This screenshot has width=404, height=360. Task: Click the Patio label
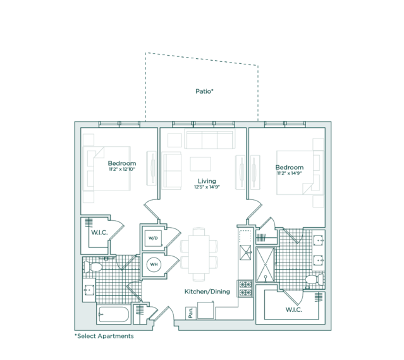(205, 91)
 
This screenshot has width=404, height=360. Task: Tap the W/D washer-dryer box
(153, 238)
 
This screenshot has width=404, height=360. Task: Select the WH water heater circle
(154, 264)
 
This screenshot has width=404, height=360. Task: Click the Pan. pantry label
(190, 313)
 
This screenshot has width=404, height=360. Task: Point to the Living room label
(207, 181)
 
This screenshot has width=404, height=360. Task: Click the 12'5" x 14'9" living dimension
(207, 187)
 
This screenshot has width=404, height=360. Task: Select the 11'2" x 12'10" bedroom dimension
(122, 169)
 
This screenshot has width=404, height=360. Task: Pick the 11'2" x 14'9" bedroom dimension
(290, 173)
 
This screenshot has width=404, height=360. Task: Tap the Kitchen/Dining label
(207, 292)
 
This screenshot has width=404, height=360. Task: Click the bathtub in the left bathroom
(113, 314)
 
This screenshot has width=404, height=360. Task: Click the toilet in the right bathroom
(314, 280)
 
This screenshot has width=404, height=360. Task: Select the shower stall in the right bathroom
(265, 264)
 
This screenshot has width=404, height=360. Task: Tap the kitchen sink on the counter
(245, 252)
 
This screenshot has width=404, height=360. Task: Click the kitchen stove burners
(245, 289)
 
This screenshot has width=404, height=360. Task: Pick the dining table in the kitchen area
(199, 254)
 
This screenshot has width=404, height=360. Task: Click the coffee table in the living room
(200, 164)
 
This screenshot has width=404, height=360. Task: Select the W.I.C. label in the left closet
(99, 232)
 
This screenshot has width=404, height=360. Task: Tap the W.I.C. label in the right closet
(294, 309)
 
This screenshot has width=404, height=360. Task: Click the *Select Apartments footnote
(104, 336)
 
